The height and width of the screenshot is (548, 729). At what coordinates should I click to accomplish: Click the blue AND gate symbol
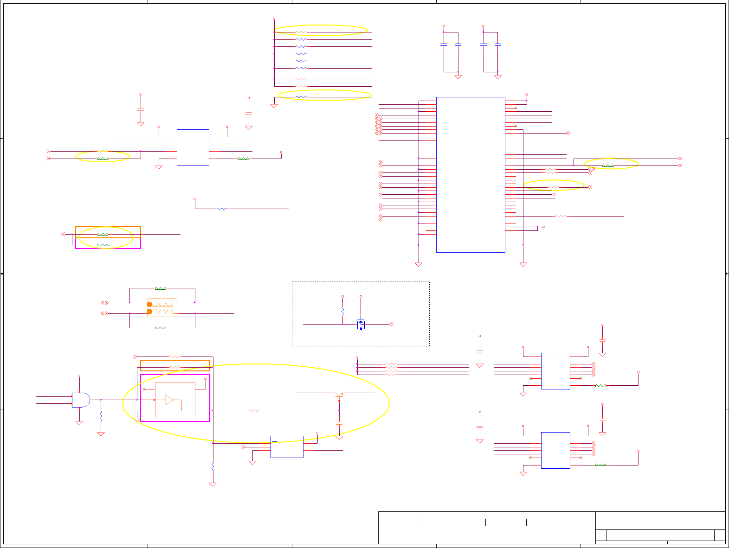point(80,400)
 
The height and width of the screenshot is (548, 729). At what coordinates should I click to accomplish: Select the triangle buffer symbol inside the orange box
point(169,400)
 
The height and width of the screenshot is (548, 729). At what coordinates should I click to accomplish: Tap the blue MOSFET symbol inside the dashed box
point(361,325)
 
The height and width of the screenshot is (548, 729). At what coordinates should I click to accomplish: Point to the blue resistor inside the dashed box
point(342,312)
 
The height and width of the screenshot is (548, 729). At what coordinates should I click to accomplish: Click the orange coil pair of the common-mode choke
point(162,308)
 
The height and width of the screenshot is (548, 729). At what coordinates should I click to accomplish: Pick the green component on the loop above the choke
point(160,288)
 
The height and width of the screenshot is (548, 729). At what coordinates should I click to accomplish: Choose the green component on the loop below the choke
point(160,328)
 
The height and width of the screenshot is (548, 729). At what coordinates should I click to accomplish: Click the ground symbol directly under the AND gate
point(79,422)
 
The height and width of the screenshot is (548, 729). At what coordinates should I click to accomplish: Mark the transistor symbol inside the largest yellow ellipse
point(339,395)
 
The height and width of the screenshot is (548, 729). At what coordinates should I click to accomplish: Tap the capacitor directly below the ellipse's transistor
point(339,423)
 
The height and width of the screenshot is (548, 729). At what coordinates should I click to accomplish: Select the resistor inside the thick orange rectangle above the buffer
point(174,368)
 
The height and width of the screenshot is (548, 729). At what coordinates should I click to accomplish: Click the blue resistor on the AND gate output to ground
point(101,416)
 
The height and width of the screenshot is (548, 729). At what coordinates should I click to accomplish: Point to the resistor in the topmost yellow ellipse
point(301,32)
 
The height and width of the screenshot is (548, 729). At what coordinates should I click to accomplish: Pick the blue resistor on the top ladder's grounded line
point(301,97)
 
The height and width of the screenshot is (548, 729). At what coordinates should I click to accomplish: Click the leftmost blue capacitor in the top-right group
point(444,45)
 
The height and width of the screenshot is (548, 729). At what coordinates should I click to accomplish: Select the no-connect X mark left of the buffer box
point(144,389)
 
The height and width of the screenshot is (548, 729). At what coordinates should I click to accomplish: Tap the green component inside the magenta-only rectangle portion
point(103,245)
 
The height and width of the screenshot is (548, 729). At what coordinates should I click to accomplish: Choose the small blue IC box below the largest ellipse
point(287,447)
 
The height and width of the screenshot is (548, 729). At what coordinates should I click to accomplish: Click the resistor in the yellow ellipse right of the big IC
point(554,187)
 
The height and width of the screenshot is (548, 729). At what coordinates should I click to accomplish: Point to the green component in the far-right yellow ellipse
point(608,166)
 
